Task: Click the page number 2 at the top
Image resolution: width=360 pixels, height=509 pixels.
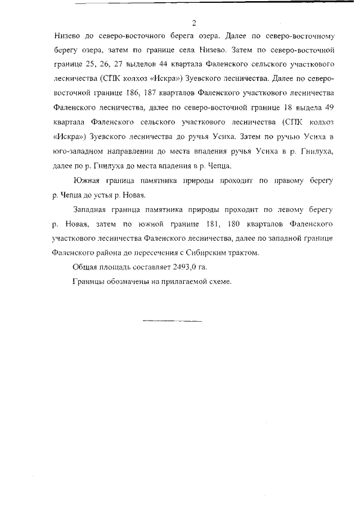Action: coord(193,23)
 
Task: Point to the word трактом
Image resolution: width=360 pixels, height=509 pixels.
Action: coord(245,253)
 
